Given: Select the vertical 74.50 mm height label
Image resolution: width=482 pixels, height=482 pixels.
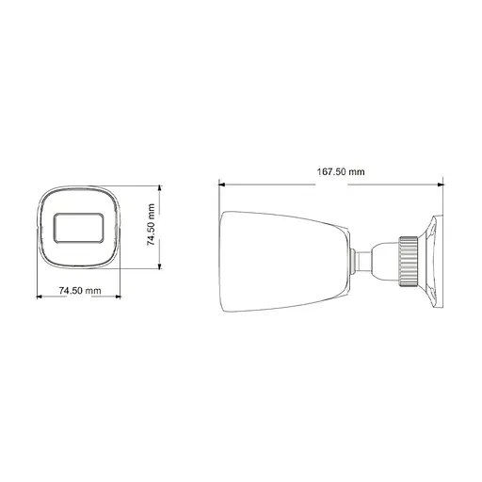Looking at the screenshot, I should click(x=150, y=227).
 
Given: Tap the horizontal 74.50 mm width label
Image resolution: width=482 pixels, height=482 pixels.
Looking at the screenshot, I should click(x=79, y=292).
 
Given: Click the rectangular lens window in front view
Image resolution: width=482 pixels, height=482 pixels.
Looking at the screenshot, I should click(x=79, y=228).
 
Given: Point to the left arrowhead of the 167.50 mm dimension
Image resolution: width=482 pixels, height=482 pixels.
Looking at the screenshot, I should click(x=221, y=183).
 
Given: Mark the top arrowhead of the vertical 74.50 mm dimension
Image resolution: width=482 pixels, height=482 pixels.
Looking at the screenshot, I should click(x=158, y=188).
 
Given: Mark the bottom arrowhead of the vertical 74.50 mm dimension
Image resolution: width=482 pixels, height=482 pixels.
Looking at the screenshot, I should click(x=158, y=269).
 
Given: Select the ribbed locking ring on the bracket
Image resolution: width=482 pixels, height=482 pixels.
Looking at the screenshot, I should click(x=409, y=259).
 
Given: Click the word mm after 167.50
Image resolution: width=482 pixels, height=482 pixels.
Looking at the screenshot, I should click(x=356, y=172).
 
